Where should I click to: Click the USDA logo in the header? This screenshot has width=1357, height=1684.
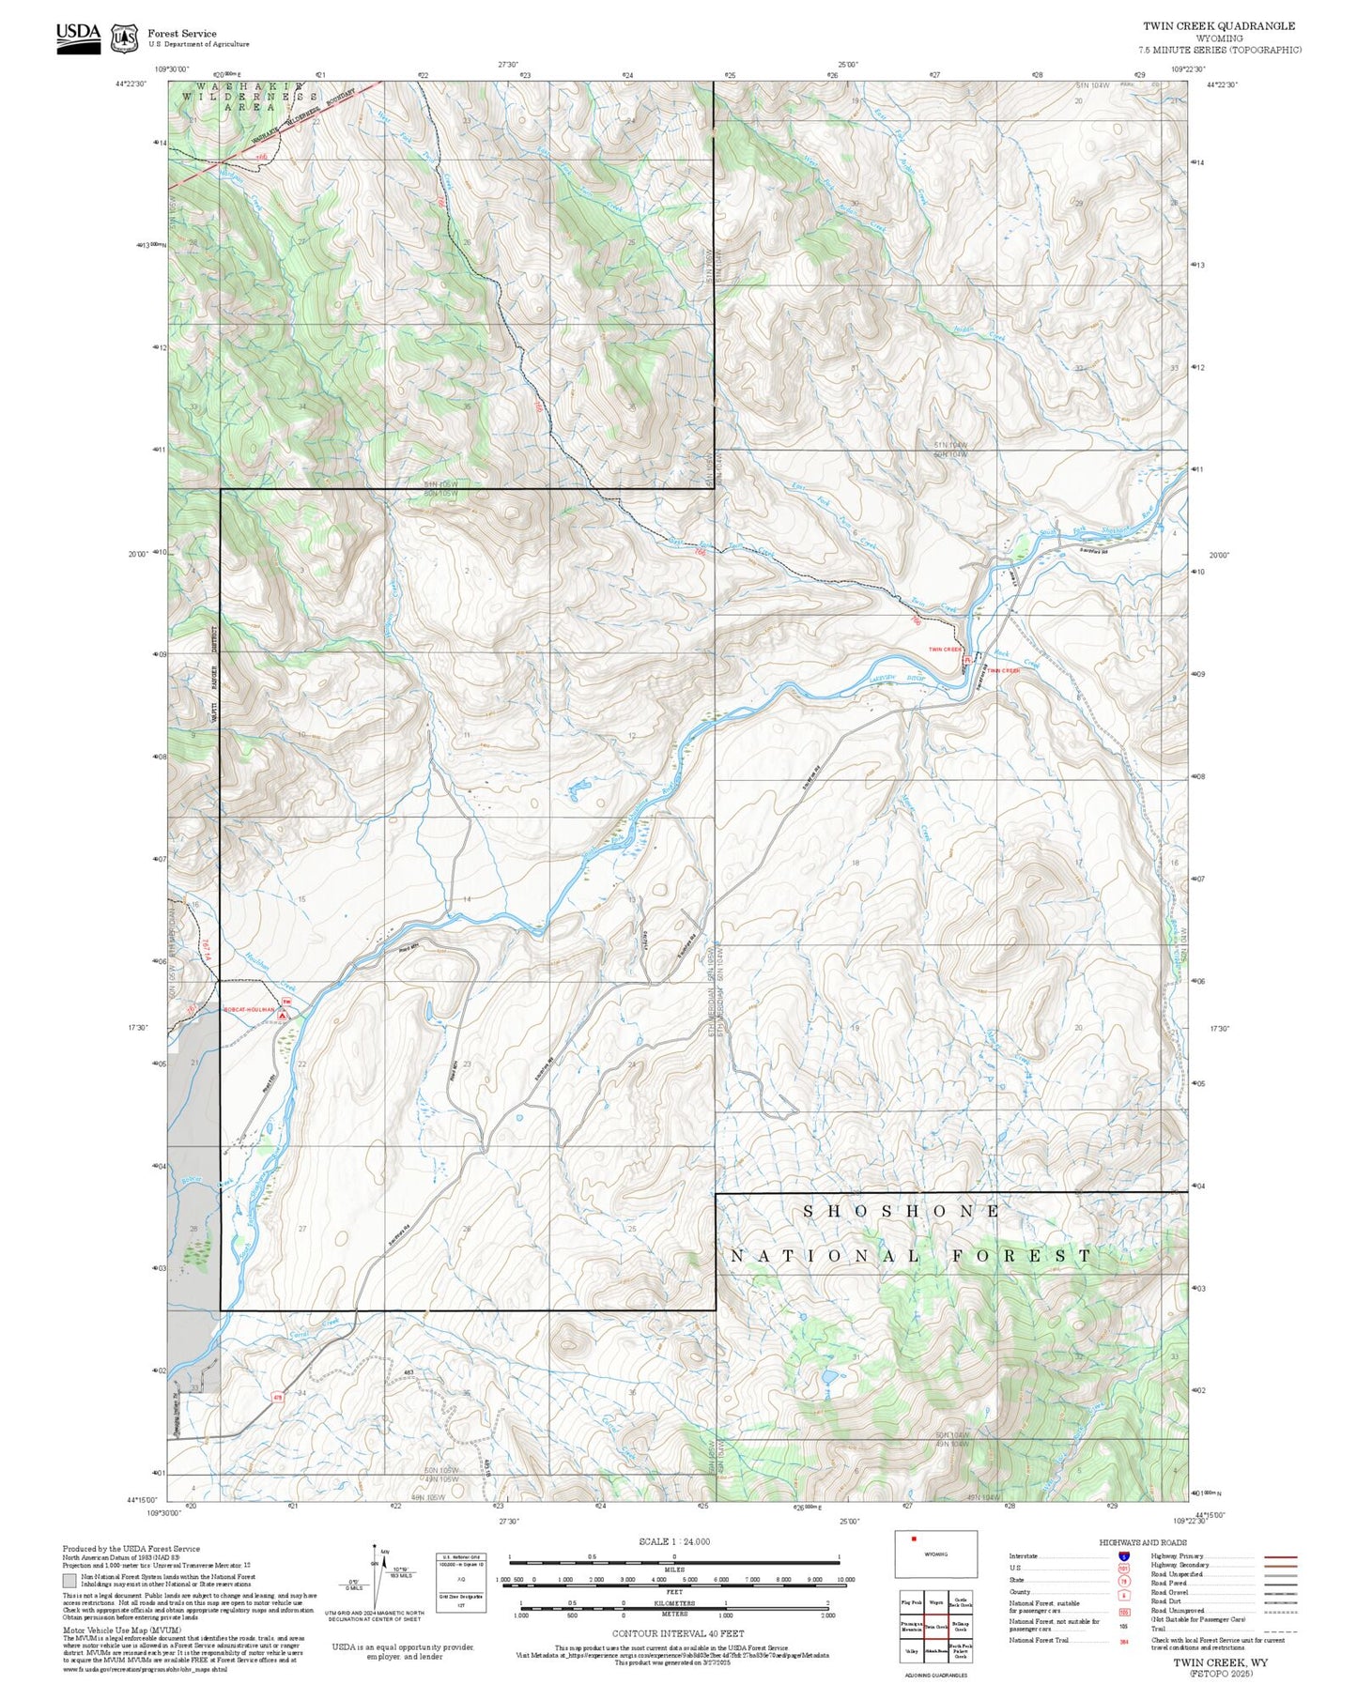[x=78, y=38]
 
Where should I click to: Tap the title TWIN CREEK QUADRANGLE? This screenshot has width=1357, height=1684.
[x=1218, y=26]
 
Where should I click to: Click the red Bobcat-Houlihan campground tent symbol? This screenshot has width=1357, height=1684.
[x=283, y=1015]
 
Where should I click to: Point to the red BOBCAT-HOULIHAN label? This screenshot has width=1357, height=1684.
[x=249, y=1010]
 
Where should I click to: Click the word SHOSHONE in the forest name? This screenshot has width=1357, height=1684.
[x=902, y=1212]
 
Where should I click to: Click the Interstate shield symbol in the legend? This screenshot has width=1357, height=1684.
[x=1123, y=1556]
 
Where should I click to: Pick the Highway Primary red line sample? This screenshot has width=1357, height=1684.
[x=1281, y=1556]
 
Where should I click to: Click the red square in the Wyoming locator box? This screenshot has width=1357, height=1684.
[x=913, y=1539]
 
